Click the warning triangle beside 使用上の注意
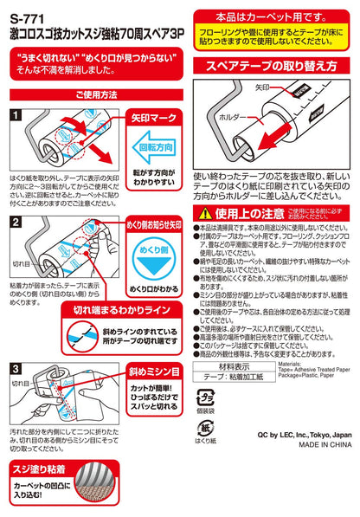(206, 214)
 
